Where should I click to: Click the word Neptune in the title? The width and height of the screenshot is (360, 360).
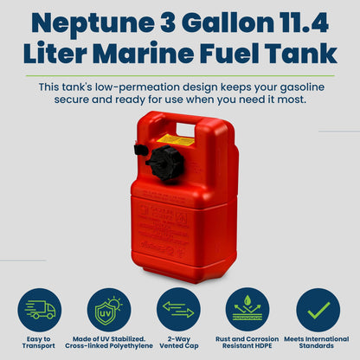79,22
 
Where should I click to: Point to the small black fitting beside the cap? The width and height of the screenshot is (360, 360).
141,150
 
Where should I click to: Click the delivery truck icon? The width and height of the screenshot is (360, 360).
40,309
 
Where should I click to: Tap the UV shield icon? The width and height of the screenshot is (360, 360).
110,309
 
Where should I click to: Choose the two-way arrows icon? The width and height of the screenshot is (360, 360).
179,309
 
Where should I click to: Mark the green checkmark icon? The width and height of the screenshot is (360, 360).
318,309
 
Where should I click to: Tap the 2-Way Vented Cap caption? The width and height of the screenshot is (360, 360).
179,342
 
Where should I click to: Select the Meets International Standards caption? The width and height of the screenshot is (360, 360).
318,342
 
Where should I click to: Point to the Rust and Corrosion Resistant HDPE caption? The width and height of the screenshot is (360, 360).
248,342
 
